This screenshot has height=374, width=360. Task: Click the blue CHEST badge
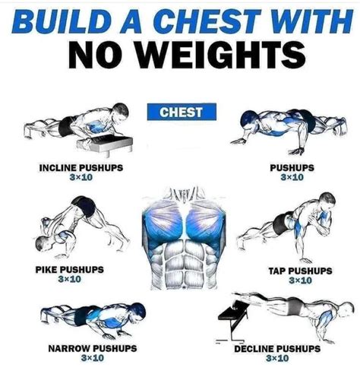tap(181, 113)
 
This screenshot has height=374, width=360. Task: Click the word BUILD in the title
tap(60, 21)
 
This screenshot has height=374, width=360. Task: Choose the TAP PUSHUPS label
tap(300, 271)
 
